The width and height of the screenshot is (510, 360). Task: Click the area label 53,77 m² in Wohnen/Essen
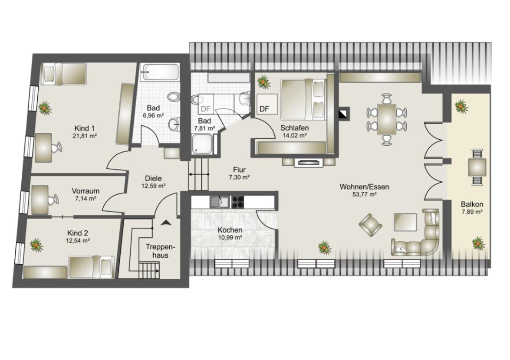pos(364,195)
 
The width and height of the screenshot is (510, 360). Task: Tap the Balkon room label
pos(472,204)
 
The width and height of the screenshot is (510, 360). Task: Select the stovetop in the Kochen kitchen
pos(237,202)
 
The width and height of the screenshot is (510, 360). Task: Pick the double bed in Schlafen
pos(303,99)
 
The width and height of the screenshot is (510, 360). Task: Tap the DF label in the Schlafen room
pos(264,109)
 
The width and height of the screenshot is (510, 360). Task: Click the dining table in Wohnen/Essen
pos(387,119)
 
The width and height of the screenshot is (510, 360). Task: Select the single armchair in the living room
pos(370,225)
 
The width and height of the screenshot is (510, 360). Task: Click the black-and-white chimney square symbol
pos(344,113)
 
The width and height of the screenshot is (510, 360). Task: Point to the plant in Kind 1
pos(45,108)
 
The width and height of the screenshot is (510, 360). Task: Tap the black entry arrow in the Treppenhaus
pos(166,223)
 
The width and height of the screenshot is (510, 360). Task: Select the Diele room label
pos(153,178)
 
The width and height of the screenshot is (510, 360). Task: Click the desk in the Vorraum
pos(40,200)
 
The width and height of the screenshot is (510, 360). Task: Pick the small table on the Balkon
pos(477,167)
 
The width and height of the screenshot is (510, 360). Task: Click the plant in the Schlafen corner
pos(264,82)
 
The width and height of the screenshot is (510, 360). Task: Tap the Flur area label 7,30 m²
pos(239,177)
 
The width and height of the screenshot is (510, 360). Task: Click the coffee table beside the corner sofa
pos(405,222)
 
